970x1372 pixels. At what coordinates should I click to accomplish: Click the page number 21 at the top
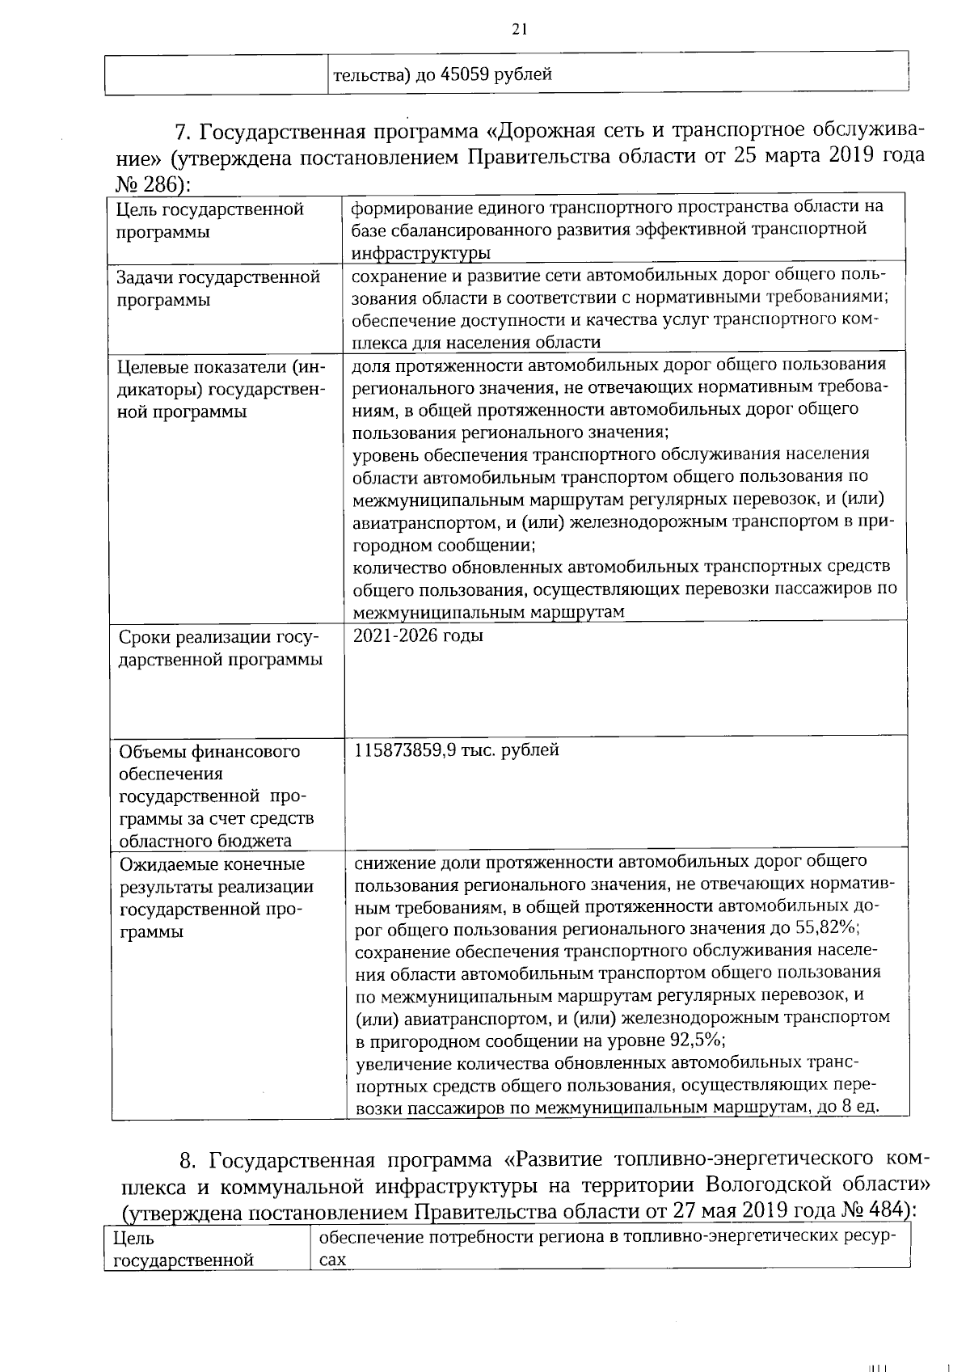[519, 30]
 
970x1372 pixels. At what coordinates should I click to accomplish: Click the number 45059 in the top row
[465, 75]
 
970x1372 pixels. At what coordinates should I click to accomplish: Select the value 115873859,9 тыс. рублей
[457, 749]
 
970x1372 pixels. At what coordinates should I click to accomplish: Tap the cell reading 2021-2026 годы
[419, 635]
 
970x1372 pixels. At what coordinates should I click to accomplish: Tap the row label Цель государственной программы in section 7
[209, 221]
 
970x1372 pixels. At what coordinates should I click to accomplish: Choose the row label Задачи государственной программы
[217, 289]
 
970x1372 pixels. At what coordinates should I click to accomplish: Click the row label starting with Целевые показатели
[221, 390]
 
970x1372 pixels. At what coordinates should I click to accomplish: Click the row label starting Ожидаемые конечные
[216, 897]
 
